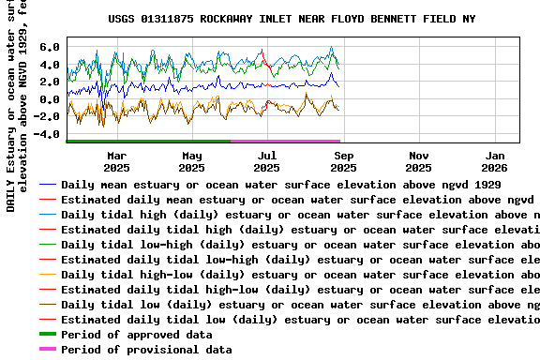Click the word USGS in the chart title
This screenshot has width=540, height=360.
[122, 18]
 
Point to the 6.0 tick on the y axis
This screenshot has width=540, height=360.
[50, 47]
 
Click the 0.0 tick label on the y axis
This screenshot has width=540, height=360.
[50, 99]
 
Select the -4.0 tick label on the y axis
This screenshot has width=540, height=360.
[47, 134]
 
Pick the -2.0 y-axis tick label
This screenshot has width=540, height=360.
[47, 117]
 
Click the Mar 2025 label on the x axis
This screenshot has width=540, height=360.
[116, 161]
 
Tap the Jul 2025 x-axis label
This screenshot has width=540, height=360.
[267, 161]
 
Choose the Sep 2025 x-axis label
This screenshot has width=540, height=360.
[343, 161]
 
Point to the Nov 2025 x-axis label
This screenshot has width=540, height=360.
[419, 161]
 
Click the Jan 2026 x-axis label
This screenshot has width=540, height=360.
[495, 161]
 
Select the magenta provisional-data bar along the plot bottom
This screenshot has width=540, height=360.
[285, 141]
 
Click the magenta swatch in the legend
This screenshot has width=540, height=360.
[47, 350]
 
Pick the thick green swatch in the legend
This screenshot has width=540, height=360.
[47, 335]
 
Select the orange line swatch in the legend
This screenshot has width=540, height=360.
[47, 275]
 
